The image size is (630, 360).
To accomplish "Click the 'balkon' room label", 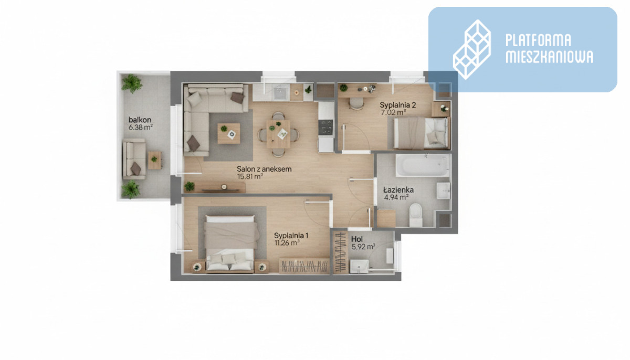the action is pyautogui.click(x=140, y=120).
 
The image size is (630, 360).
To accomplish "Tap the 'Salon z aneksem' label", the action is pyautogui.click(x=264, y=169).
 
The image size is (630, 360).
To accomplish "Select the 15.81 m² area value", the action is pyautogui.click(x=250, y=176).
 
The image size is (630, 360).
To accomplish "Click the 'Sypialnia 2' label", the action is pyautogui.click(x=398, y=105).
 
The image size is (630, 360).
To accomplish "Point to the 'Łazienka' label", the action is pyautogui.click(x=398, y=190).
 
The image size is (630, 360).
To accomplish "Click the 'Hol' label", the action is pyautogui.click(x=357, y=239).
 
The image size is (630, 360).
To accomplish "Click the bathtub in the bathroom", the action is pyautogui.click(x=423, y=165).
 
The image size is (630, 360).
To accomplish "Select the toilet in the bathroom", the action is pyautogui.click(x=416, y=215).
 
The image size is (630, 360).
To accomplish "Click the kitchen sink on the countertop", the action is pyautogui.click(x=279, y=92).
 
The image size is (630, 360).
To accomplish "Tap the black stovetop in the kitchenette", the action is pyautogui.click(x=325, y=127).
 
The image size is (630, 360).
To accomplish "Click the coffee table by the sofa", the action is pyautogui.click(x=229, y=133).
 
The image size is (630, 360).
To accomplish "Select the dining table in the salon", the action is pyautogui.click(x=278, y=134).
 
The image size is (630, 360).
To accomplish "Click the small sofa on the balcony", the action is pyautogui.click(x=134, y=159).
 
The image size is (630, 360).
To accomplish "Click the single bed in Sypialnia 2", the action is pyautogui.click(x=421, y=133).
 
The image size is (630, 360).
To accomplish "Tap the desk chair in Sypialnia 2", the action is pyautogui.click(x=356, y=104).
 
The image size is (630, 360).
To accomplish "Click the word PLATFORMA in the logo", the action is pyautogui.click(x=538, y=40).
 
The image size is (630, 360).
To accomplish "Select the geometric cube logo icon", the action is pyautogui.click(x=472, y=49).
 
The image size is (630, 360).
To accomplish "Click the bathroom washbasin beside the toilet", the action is pyautogui.click(x=444, y=191).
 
